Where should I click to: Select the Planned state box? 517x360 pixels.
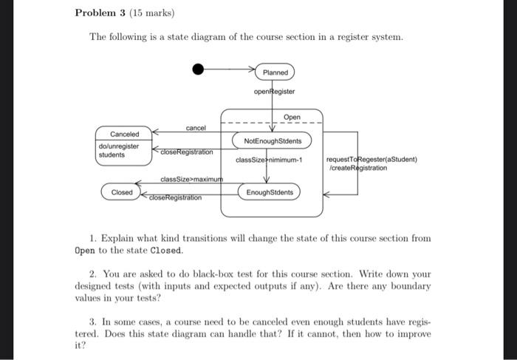coord(275,72)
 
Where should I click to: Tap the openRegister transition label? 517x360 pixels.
coord(274,92)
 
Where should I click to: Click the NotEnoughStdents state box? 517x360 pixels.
coord(272,140)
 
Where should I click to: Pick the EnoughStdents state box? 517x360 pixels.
coord(270,192)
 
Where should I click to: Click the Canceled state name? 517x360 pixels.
coord(123,134)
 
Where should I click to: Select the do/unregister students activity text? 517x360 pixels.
coord(119,151)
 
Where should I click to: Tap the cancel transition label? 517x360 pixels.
coord(196,128)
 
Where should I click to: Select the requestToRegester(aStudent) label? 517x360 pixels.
coord(372,159)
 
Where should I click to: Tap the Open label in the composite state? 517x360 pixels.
coord(292,117)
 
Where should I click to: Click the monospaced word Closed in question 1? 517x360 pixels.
coord(166,250)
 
